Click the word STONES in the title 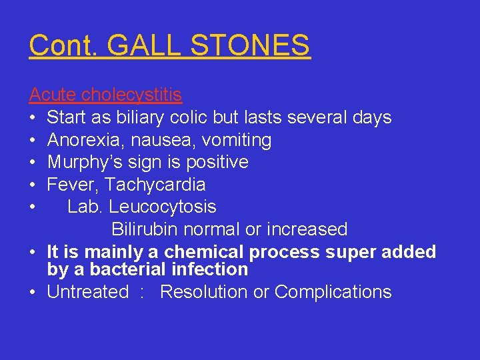[251, 45]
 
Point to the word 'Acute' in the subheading [53, 95]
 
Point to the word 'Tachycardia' [155, 185]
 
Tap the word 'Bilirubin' [150, 229]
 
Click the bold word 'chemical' [204, 252]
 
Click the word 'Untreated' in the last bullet [87, 292]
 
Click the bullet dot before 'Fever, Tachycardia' [33, 185]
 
